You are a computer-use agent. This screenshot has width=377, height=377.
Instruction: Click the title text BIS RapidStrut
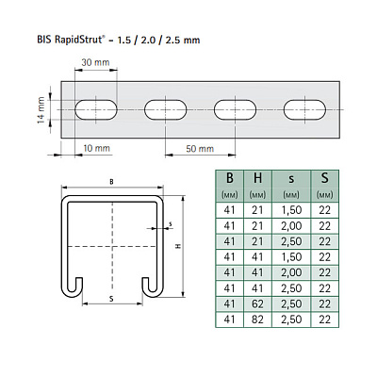pos(70,40)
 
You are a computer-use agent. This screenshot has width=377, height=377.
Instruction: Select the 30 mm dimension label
pos(95,62)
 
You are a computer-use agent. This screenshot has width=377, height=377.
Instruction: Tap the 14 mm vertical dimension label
pos(41,110)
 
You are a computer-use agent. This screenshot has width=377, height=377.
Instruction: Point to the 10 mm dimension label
pos(96,148)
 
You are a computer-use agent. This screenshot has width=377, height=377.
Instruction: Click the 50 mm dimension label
pos(200,149)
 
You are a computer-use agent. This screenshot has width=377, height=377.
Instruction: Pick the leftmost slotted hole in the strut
pos(96,110)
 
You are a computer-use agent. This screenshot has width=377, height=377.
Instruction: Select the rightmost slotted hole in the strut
pos(304,110)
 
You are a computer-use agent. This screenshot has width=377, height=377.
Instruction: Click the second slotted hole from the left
pos(166,110)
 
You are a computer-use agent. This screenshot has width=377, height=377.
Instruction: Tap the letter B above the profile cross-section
pos(111,182)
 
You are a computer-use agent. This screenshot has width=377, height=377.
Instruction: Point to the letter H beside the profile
pos(178,246)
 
